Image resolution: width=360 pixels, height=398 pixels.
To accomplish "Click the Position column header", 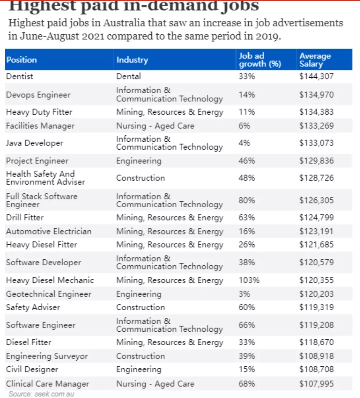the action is [x=22, y=60].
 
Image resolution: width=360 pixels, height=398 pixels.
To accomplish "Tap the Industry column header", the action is [x=132, y=60].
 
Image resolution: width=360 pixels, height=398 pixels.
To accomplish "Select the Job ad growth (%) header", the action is [x=260, y=60].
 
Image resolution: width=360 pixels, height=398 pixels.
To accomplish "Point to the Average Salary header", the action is [x=315, y=60].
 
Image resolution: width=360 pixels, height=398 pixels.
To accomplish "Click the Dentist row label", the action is [x=20, y=77].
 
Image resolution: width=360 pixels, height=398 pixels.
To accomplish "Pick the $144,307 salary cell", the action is [x=316, y=77].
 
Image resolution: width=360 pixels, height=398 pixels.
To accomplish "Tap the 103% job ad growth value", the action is [x=249, y=280].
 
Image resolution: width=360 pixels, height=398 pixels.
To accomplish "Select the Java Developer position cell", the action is [x=35, y=143].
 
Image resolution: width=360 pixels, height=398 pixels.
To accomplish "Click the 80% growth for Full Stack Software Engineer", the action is [x=246, y=201].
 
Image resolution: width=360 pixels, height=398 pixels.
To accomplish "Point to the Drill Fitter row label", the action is [x=25, y=217].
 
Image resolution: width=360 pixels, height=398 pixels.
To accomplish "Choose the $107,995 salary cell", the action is [x=316, y=384].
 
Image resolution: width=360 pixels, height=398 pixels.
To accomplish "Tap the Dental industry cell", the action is [x=129, y=77].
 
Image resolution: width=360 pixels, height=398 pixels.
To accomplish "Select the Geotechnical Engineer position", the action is [x=49, y=294].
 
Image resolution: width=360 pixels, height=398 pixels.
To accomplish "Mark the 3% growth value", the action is [x=244, y=294].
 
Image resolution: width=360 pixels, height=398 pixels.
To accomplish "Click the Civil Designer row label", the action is [x=32, y=370].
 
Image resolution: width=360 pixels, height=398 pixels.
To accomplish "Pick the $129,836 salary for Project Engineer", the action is [x=316, y=161].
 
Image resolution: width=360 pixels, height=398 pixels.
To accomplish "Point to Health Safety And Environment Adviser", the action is [x=46, y=178].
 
